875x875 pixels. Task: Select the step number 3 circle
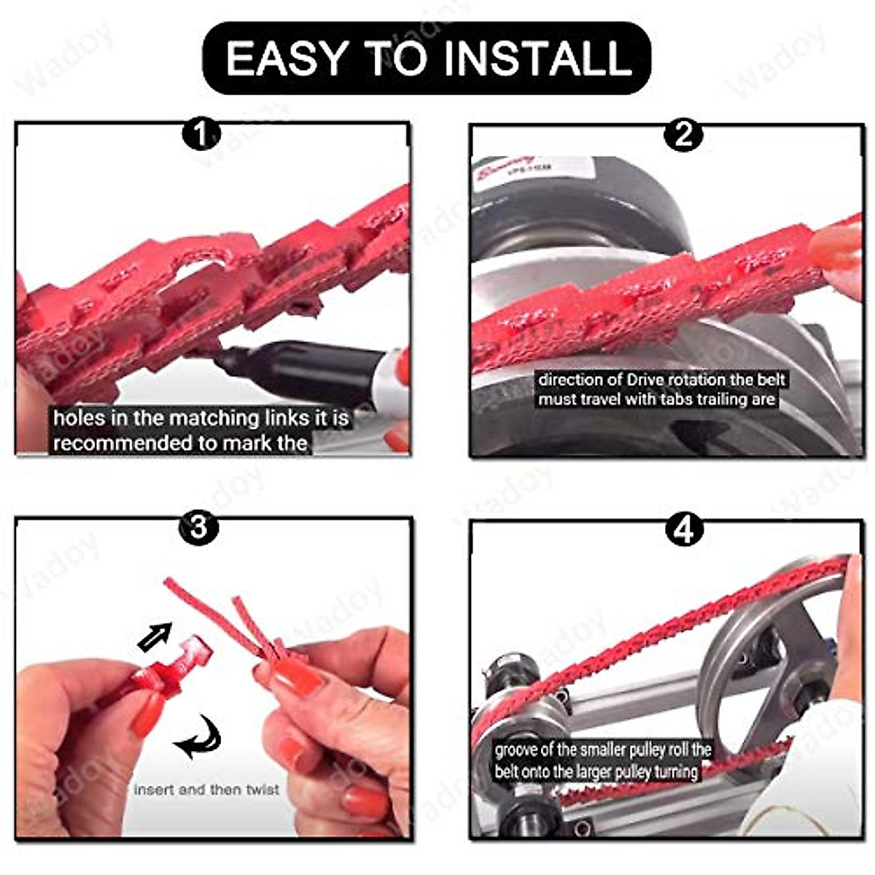[198, 526]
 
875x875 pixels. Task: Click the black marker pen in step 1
[306, 369]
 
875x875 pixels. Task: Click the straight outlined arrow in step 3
[154, 637]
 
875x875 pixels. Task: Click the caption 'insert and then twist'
[206, 790]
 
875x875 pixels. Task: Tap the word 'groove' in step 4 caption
[516, 750]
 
